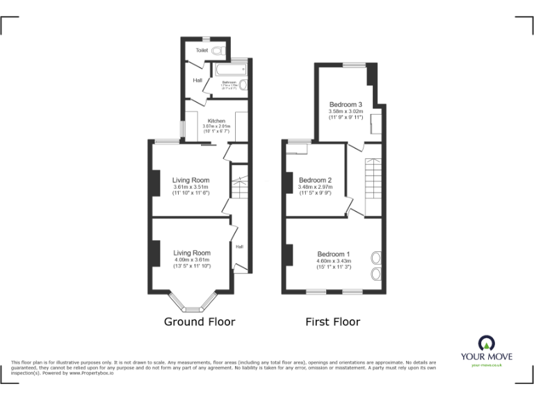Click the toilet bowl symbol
tap(218, 51)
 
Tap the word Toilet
tap(202, 51)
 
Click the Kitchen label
tap(216, 121)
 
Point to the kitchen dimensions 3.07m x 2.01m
tap(216, 126)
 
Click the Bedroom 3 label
tap(346, 105)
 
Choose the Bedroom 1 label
tap(334, 254)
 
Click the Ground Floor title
tap(199, 322)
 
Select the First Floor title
tap(333, 322)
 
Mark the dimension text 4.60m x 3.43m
tap(334, 261)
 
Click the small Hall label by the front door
tap(239, 247)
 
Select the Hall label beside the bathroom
tap(198, 81)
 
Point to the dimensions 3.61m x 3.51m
tap(191, 187)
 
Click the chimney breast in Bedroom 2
tap(289, 182)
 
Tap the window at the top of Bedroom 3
tap(354, 65)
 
